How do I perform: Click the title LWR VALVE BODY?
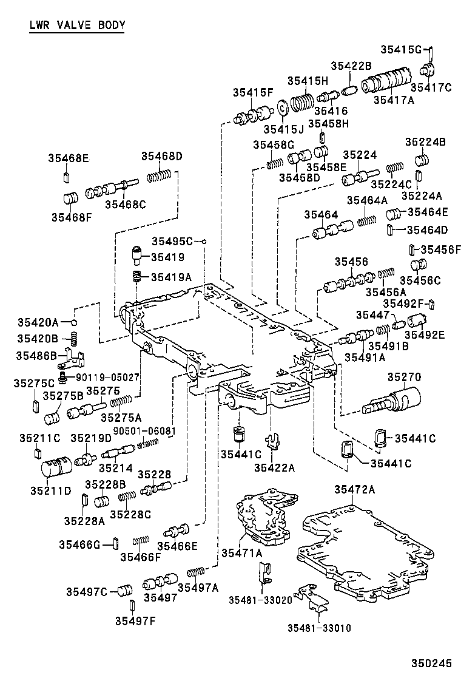coord(77,25)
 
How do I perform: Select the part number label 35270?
coord(403,377)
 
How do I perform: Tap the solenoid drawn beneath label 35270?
coord(391,399)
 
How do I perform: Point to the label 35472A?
coord(355,489)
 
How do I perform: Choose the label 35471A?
coord(241,552)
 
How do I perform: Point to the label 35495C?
coord(172,240)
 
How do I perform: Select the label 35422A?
coord(274,467)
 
